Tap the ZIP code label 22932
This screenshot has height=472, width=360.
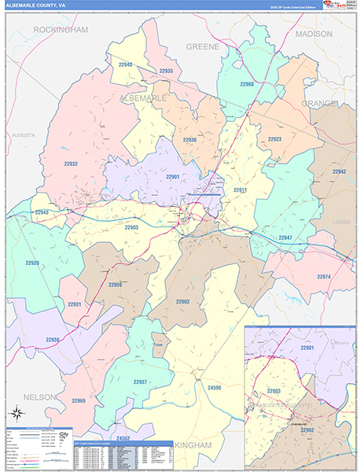pyautogui.click(x=70, y=164)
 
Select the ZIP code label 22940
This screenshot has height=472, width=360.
pyautogui.click(x=125, y=65)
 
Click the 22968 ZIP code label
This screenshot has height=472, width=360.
pyautogui.click(x=247, y=84)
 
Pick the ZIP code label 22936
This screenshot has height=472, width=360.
pyautogui.click(x=189, y=139)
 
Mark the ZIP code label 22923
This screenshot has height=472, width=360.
pyautogui.click(x=274, y=138)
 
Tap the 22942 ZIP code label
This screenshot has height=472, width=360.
pyautogui.click(x=339, y=171)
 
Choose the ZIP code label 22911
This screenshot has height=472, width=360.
pyautogui.click(x=240, y=190)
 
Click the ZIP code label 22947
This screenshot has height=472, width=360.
pyautogui.click(x=285, y=238)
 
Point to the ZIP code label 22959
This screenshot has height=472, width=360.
pyautogui.click(x=116, y=285)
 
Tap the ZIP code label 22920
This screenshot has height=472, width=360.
pyautogui.click(x=32, y=263)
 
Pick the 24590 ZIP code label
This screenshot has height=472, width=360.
pyautogui.click(x=214, y=388)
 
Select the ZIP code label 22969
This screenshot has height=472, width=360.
pyautogui.click(x=79, y=401)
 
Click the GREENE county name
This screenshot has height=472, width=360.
pyautogui.click(x=202, y=47)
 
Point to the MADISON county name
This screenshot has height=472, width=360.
pyautogui.click(x=314, y=35)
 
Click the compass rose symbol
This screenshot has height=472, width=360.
pyautogui.click(x=17, y=413)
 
